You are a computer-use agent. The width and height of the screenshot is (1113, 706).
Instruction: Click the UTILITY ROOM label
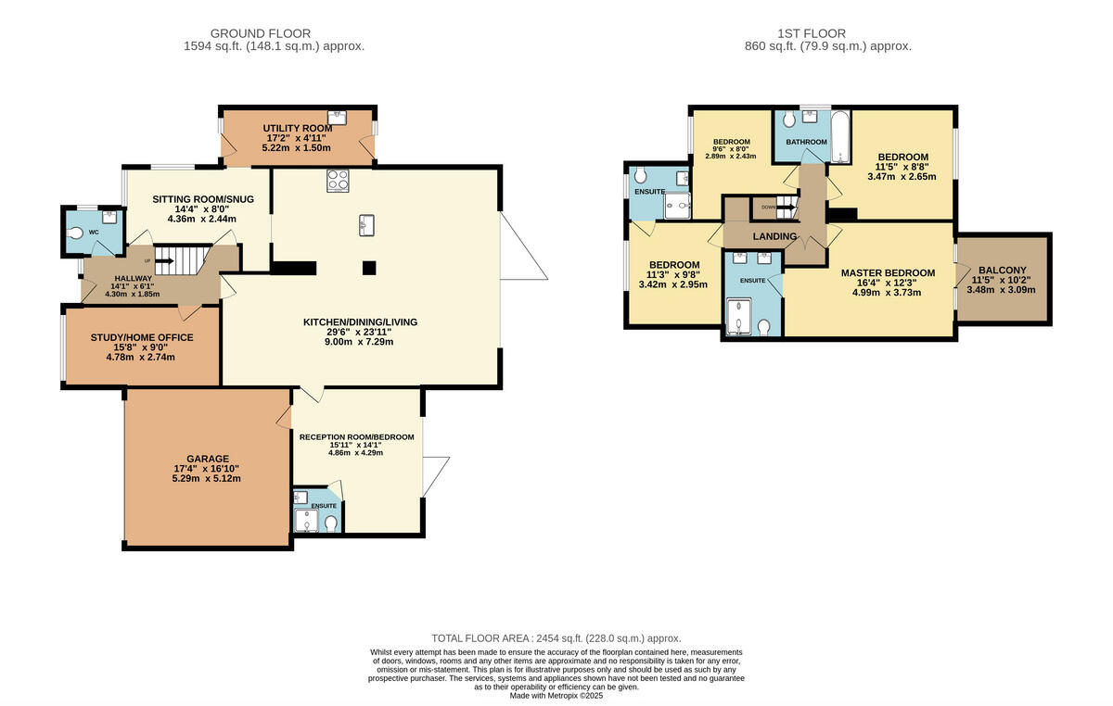[298, 129]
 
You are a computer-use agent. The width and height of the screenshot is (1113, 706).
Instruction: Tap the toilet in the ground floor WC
[75, 233]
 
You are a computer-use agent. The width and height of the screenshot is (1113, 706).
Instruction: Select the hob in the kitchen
[338, 181]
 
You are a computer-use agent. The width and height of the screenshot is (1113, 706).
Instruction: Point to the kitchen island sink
[366, 225]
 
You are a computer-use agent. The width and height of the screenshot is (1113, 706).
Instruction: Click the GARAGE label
[208, 459]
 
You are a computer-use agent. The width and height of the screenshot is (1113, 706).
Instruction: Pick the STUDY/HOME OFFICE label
[142, 337]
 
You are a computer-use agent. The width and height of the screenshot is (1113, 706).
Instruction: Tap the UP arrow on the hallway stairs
[165, 260]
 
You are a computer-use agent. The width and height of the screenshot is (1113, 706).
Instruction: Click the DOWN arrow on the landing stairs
[787, 207]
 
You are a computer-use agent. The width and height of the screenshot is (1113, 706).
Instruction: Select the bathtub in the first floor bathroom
[840, 136]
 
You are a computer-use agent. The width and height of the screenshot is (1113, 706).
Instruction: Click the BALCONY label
[1003, 271]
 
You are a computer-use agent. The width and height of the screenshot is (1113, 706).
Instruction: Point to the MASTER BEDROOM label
[888, 273]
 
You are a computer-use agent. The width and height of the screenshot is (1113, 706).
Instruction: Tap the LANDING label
[774, 237]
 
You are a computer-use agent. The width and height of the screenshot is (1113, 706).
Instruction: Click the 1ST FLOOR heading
[812, 33]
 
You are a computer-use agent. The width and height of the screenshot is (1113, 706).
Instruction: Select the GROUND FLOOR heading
[261, 33]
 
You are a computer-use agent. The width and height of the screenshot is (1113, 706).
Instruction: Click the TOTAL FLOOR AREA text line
[556, 638]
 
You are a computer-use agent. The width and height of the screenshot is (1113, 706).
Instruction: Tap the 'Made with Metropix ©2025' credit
[556, 696]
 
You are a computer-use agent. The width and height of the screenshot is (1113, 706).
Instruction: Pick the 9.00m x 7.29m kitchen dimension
[359, 342]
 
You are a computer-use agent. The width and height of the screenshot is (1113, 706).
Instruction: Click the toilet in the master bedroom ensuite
[763, 327]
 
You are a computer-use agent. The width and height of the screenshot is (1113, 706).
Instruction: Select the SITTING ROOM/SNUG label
[203, 199]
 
